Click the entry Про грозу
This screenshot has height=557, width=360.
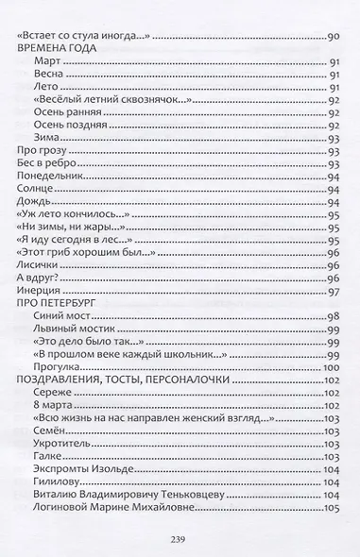43,150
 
